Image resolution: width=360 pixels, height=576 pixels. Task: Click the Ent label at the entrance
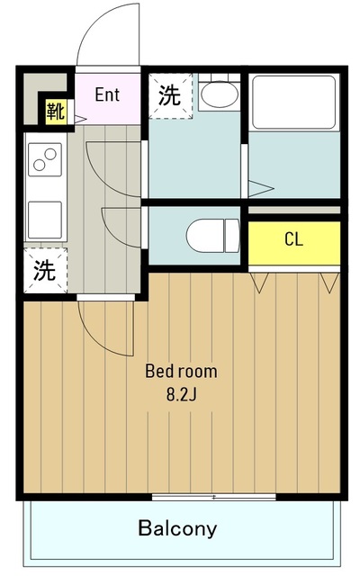click(x=107, y=94)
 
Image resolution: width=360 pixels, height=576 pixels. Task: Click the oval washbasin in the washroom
click(x=217, y=94)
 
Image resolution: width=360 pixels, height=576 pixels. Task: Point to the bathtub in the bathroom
click(x=293, y=101)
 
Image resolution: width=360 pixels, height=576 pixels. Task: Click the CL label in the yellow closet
click(x=293, y=239)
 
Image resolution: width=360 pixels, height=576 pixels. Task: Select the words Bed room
click(x=181, y=370)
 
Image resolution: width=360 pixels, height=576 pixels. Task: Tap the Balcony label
click(x=177, y=528)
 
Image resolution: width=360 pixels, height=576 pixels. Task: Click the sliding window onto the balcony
click(x=213, y=496)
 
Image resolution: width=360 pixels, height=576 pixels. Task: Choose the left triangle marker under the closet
click(x=262, y=284)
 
